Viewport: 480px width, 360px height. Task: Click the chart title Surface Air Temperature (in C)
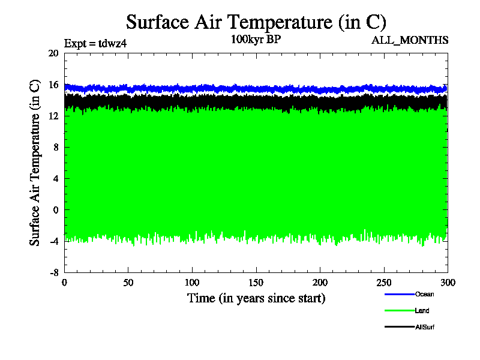pos(256,22)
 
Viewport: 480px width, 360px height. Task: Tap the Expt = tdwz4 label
pos(95,43)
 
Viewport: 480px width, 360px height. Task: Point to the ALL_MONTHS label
pos(410,40)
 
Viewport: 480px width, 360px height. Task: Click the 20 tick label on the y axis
pos(53,53)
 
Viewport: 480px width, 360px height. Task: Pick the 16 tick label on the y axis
pos(53,85)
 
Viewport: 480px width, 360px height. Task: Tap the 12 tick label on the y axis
pos(53,116)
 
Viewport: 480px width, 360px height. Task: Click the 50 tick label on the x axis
pos(128,283)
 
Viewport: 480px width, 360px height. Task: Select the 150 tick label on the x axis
pos(256,283)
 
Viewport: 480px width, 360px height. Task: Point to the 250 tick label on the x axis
pos(384,283)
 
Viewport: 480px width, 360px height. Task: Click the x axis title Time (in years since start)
pos(256,298)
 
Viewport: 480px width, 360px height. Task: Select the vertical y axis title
pos(35,163)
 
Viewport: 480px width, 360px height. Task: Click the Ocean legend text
pos(424,294)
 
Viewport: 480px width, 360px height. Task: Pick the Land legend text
pos(422,311)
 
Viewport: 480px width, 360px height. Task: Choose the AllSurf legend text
pos(424,327)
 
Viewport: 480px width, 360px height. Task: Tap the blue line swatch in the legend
pos(399,294)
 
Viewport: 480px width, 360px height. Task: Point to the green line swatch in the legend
pos(399,311)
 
